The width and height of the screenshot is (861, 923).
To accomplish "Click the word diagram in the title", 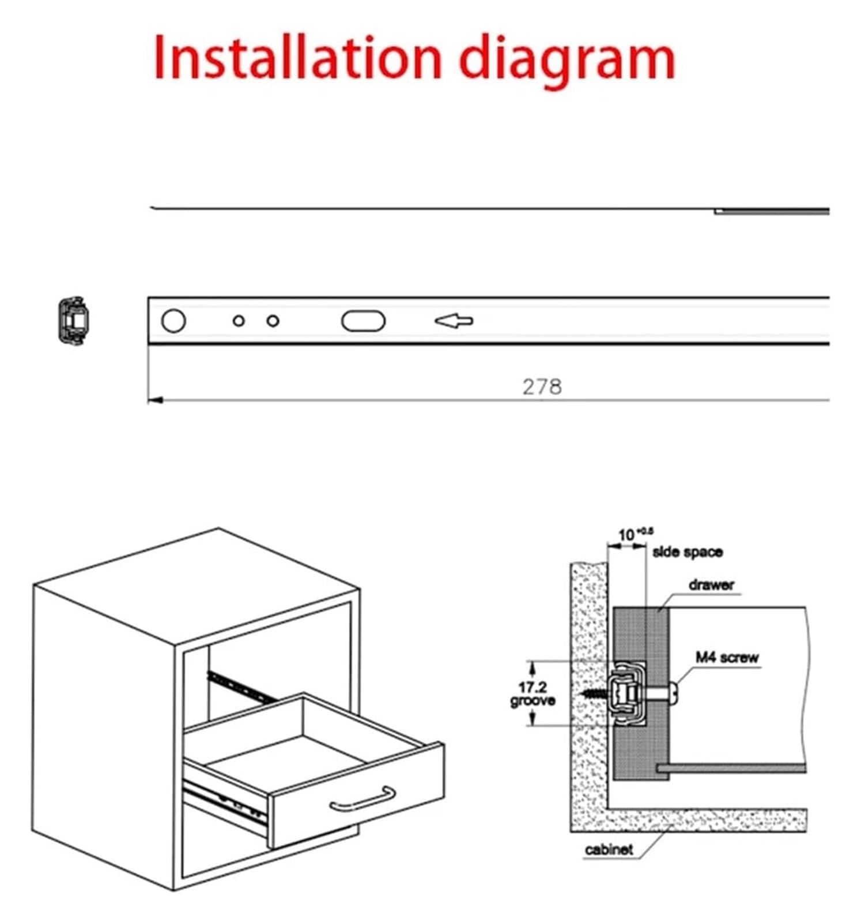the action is [568, 61].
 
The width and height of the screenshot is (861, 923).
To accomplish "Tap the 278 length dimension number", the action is [542, 387].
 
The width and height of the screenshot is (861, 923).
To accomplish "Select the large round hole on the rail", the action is [173, 321].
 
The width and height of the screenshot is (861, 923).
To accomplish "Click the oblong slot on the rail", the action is [363, 321].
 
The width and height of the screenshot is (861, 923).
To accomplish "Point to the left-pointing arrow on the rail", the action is [454, 321].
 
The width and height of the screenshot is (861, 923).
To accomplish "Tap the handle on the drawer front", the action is [362, 799].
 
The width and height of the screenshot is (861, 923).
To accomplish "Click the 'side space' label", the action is [688, 552].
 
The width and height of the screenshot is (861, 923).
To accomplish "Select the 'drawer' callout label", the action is [712, 585].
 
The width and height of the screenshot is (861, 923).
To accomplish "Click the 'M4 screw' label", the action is [727, 657].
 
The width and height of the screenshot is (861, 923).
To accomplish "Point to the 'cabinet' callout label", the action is [609, 850].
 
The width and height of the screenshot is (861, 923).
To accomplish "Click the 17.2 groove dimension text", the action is [533, 694].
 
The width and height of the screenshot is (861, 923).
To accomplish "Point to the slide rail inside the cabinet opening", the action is [241, 687].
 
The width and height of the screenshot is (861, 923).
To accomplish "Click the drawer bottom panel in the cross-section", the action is [731, 768].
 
